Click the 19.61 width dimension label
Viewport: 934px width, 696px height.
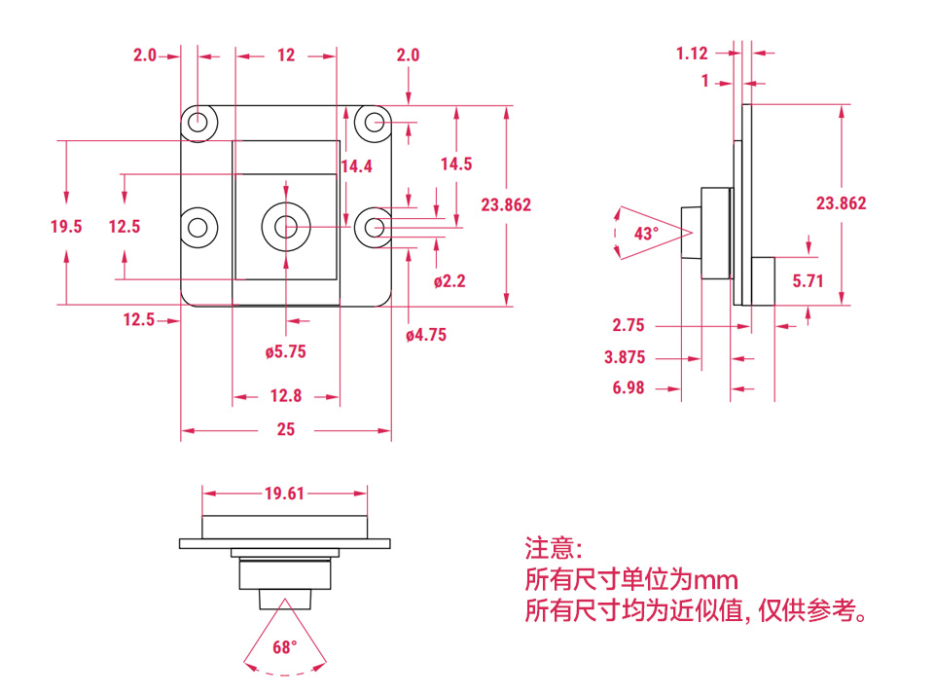pos(284,494)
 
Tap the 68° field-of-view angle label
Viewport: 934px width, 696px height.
pos(284,647)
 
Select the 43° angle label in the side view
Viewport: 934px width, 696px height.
pos(646,234)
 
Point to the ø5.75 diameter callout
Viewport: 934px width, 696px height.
pos(285,351)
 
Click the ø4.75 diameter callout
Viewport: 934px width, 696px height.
pos(426,336)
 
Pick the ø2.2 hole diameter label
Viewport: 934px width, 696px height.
pos(449,281)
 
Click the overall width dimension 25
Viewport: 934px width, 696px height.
pos(285,429)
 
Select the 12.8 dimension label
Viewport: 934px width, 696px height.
pos(285,396)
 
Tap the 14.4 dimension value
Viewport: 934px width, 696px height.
pos(356,166)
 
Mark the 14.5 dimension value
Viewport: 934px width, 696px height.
pos(455,164)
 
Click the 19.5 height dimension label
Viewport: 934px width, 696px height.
pos(66,227)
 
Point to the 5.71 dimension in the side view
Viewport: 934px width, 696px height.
pos(808,281)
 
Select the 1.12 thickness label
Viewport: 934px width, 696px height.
pos(692,54)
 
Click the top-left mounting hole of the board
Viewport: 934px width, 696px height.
pos(198,122)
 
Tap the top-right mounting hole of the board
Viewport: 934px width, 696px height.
pos(373,122)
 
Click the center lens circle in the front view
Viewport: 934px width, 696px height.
pos(285,227)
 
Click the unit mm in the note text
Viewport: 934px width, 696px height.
pos(715,580)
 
